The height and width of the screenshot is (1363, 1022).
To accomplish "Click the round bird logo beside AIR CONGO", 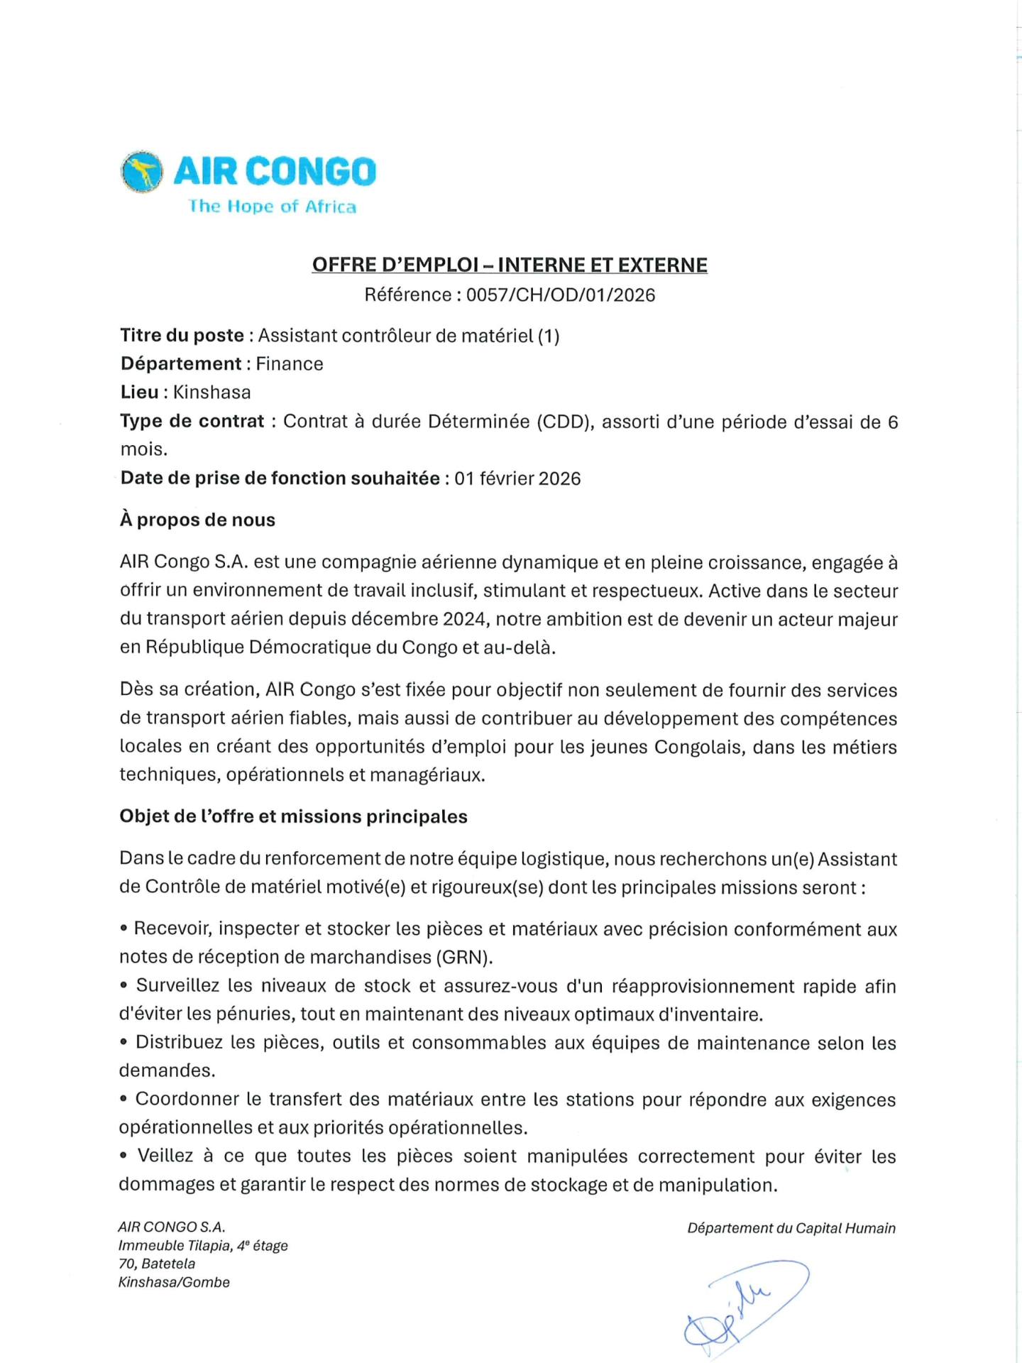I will click(x=141, y=172).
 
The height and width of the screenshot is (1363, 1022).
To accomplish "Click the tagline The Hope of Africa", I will click(x=273, y=207).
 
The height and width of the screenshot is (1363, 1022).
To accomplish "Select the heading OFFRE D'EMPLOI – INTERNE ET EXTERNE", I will click(x=510, y=265).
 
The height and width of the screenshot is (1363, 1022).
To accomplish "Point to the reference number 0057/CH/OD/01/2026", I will click(x=561, y=295).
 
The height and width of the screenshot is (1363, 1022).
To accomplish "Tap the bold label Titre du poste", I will click(x=182, y=335).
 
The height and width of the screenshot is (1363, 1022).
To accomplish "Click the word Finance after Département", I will click(x=290, y=363).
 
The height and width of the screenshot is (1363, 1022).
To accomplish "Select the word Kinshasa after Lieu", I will click(x=211, y=392).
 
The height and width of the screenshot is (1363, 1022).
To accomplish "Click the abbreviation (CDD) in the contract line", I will click(x=564, y=422).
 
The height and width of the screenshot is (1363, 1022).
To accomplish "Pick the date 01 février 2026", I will click(x=517, y=478).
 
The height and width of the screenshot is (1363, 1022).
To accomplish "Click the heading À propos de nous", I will click(x=197, y=520).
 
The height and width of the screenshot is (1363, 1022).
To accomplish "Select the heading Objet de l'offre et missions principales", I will click(x=293, y=816).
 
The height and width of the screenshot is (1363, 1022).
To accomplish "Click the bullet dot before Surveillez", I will click(x=124, y=985).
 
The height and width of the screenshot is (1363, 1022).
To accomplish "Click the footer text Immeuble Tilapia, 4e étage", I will click(x=203, y=1245).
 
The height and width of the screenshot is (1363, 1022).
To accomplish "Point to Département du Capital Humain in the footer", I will click(x=791, y=1228).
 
